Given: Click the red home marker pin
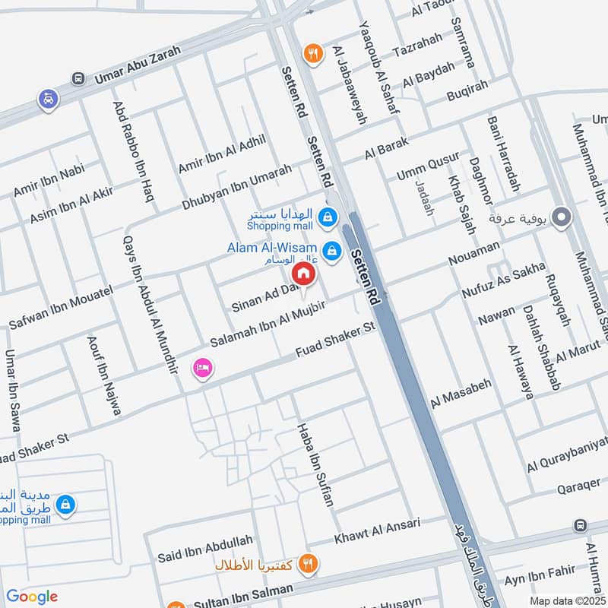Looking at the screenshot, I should click(x=303, y=274).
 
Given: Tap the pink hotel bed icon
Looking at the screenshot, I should click(x=203, y=369).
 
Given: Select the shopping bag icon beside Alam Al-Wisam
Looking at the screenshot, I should click(x=331, y=249).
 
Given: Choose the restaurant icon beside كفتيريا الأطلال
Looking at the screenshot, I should click(x=308, y=563).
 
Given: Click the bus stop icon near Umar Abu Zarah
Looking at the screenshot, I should click(x=77, y=78).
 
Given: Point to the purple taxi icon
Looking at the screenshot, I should click(x=49, y=100).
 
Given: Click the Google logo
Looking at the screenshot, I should click(x=32, y=597).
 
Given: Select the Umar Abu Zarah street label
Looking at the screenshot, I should click(x=137, y=64).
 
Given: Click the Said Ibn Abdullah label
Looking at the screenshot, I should click(x=204, y=549).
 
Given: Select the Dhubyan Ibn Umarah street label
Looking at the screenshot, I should click(x=236, y=187).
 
